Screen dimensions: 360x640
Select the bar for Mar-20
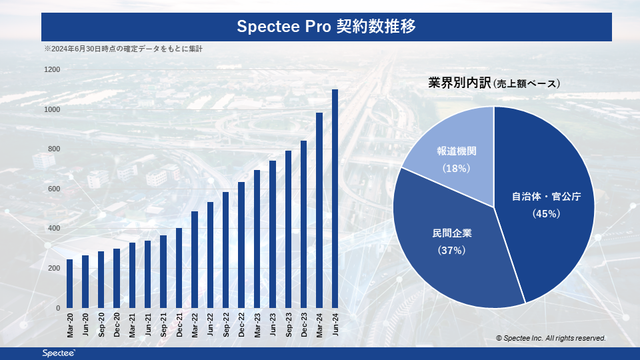pyautogui.click(x=70, y=283)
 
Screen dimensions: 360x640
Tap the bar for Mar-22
pyautogui.click(x=195, y=259)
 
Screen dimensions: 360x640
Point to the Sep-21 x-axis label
pyautogui.click(x=163, y=324)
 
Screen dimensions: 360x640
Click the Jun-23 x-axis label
pyautogui.click(x=273, y=324)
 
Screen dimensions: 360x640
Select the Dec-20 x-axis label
pyautogui.click(x=117, y=324)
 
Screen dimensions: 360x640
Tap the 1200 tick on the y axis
pyautogui.click(x=52, y=69)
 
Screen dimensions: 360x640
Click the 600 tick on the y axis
pyautogui.click(x=54, y=189)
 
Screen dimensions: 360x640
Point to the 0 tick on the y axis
pyautogui.click(x=58, y=308)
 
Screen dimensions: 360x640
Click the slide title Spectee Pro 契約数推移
pyautogui.click(x=327, y=27)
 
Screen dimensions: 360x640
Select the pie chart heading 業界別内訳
pyautogui.click(x=459, y=83)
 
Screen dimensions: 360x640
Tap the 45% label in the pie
pyautogui.click(x=545, y=213)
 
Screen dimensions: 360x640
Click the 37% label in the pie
pyautogui.click(x=451, y=250)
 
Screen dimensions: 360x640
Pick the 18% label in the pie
pyautogui.click(x=456, y=169)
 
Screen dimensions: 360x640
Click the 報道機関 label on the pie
pyautogui.click(x=456, y=151)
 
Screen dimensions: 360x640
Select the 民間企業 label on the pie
pyautogui.click(x=451, y=233)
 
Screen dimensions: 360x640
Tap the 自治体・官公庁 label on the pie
pyautogui.click(x=545, y=197)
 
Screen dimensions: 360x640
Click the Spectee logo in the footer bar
pyautogui.click(x=59, y=353)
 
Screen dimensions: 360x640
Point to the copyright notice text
pyautogui.click(x=551, y=339)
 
